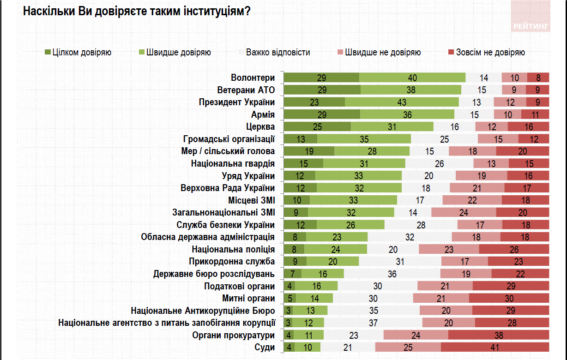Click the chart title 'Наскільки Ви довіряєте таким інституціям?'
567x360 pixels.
point(137,12)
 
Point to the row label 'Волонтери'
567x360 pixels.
point(253,78)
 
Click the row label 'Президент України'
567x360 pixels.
point(237,102)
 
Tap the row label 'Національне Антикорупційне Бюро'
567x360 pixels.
point(203,311)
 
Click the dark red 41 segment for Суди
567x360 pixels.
point(495,348)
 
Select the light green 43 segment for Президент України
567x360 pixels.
point(402,102)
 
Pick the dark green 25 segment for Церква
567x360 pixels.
point(317,126)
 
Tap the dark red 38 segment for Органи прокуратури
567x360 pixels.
point(499,335)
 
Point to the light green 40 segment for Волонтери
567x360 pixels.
point(412,78)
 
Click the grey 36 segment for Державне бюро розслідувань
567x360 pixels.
point(392,274)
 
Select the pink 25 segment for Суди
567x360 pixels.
point(408,348)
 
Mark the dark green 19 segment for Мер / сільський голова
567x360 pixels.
point(309,151)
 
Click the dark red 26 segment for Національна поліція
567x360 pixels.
point(514,249)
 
